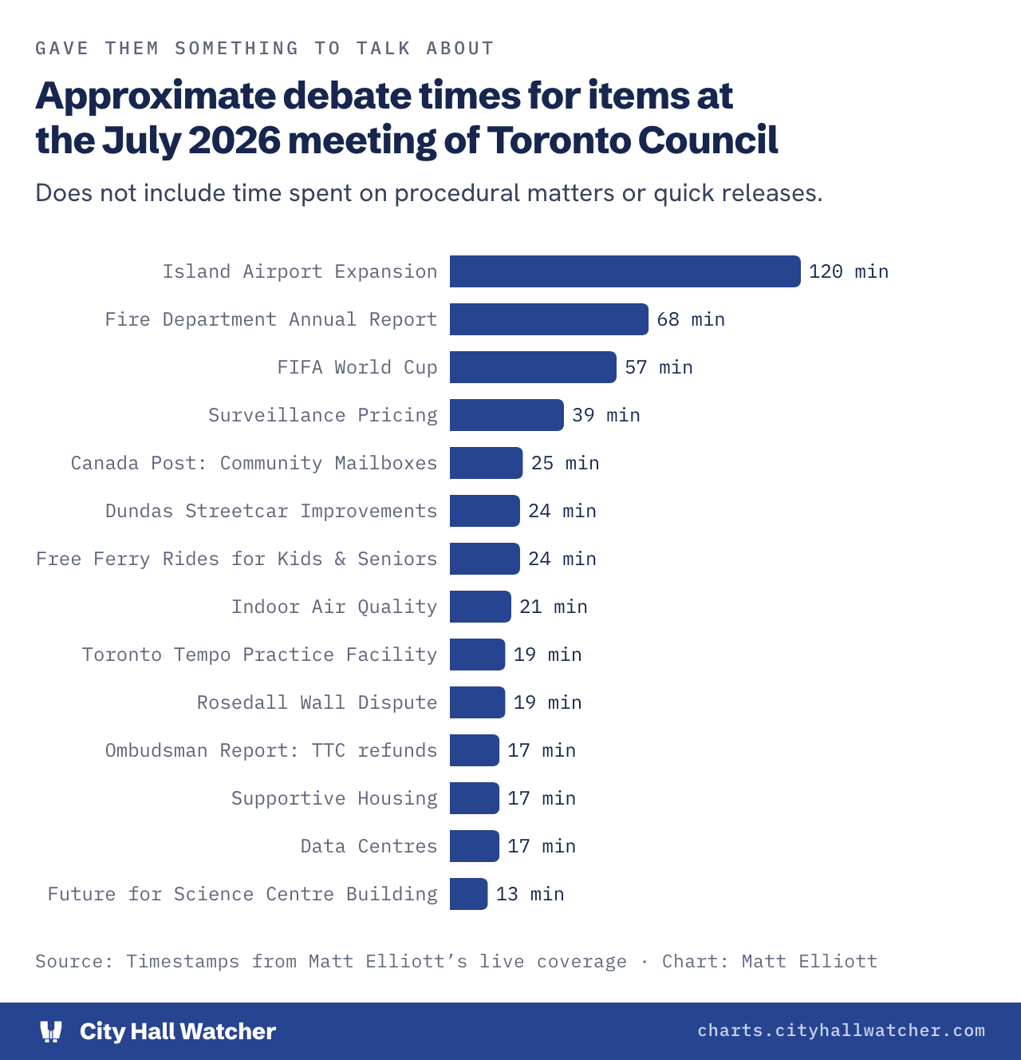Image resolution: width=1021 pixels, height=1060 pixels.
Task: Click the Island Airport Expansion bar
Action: pyautogui.click(x=625, y=271)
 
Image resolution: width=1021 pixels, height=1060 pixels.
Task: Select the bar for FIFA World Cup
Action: pyautogui.click(x=533, y=367)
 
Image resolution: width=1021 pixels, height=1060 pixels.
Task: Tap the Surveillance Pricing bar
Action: pyautogui.click(x=507, y=415)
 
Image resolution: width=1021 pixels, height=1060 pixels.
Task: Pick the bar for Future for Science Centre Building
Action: pyautogui.click(x=468, y=894)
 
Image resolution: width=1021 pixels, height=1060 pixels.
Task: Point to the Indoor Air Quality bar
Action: pyautogui.click(x=480, y=607)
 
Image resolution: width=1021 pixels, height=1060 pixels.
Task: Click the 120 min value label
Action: pyautogui.click(x=849, y=271)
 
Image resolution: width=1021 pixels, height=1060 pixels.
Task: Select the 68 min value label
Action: pyautogui.click(x=691, y=319)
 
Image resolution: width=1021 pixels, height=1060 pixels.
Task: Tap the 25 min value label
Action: pyautogui.click(x=565, y=463)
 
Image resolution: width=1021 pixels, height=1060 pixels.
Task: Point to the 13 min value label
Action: pyautogui.click(x=530, y=894)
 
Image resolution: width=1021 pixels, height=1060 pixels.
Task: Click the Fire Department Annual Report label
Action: pyautogui.click(x=271, y=319)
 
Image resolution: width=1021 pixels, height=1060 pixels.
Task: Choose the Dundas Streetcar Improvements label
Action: pyautogui.click(x=271, y=511)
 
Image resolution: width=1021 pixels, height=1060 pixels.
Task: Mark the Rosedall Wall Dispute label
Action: pyautogui.click(x=317, y=702)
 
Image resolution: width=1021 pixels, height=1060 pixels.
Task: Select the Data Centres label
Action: pyautogui.click(x=369, y=846)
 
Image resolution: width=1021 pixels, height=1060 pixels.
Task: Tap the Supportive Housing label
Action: pyautogui.click(x=334, y=798)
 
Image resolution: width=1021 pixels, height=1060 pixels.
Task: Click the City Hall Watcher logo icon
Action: pyautogui.click(x=51, y=1031)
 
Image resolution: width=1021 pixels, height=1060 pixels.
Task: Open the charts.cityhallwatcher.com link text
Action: pyautogui.click(x=842, y=1030)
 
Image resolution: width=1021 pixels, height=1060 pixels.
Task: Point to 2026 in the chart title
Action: pyautogui.click(x=235, y=140)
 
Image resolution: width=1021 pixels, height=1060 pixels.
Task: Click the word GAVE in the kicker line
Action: pyautogui.click(x=62, y=49)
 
